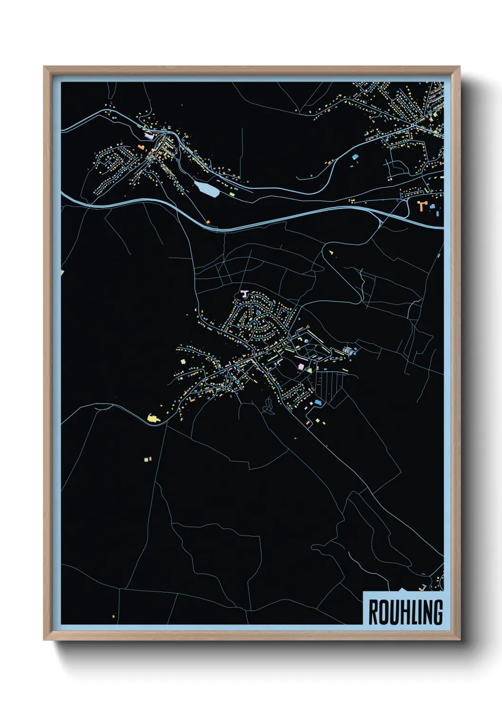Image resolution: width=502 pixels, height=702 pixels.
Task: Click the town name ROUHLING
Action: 405,612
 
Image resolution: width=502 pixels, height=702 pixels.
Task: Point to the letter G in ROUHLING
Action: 437,612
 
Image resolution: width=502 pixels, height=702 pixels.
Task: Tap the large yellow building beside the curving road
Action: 153,418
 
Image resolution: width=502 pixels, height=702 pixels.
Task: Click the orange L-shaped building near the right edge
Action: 422,205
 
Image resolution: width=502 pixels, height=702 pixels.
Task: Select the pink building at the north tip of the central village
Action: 244,294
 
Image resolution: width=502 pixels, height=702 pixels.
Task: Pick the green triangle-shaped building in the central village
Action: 310,369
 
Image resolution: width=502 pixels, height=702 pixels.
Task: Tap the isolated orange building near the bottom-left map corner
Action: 113,616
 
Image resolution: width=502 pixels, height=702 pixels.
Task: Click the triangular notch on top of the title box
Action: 402,590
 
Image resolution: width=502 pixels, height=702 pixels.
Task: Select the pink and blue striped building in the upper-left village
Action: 149,136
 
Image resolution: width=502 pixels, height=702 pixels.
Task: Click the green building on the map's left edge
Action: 62,272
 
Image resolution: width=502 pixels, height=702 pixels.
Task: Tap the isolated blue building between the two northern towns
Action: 354,156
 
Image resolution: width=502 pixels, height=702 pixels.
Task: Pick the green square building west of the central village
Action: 183,361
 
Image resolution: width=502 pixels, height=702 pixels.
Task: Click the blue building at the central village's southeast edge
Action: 318,402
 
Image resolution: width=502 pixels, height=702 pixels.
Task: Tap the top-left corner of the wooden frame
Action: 44,67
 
